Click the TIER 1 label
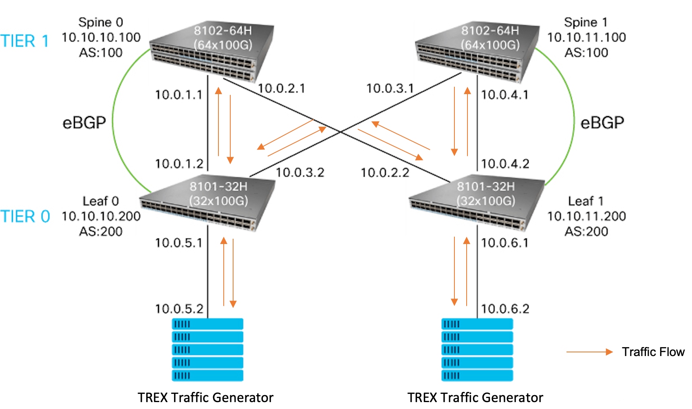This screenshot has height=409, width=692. coord(24,41)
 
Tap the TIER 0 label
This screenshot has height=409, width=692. coord(25,216)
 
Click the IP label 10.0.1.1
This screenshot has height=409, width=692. coord(179,95)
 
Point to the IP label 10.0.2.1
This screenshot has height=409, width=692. coord(281,88)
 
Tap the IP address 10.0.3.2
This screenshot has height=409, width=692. coord(300,173)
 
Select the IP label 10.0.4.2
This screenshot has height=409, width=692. coord(505,164)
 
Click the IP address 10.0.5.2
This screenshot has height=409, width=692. coord(179,309)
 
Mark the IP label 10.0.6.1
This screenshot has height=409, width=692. coord(505,243)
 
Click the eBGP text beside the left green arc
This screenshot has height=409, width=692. coord(84,123)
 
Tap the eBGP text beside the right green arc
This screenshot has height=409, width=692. coord(602,123)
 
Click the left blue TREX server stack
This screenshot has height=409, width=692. coord(207,350)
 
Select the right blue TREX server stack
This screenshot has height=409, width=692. coord(477,350)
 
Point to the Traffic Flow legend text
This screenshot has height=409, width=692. coord(653,352)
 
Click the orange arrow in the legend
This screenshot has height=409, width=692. coord(589,352)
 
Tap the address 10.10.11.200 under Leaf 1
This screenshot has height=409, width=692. coord(586,216)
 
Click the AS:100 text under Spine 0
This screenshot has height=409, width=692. coord(101,53)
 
